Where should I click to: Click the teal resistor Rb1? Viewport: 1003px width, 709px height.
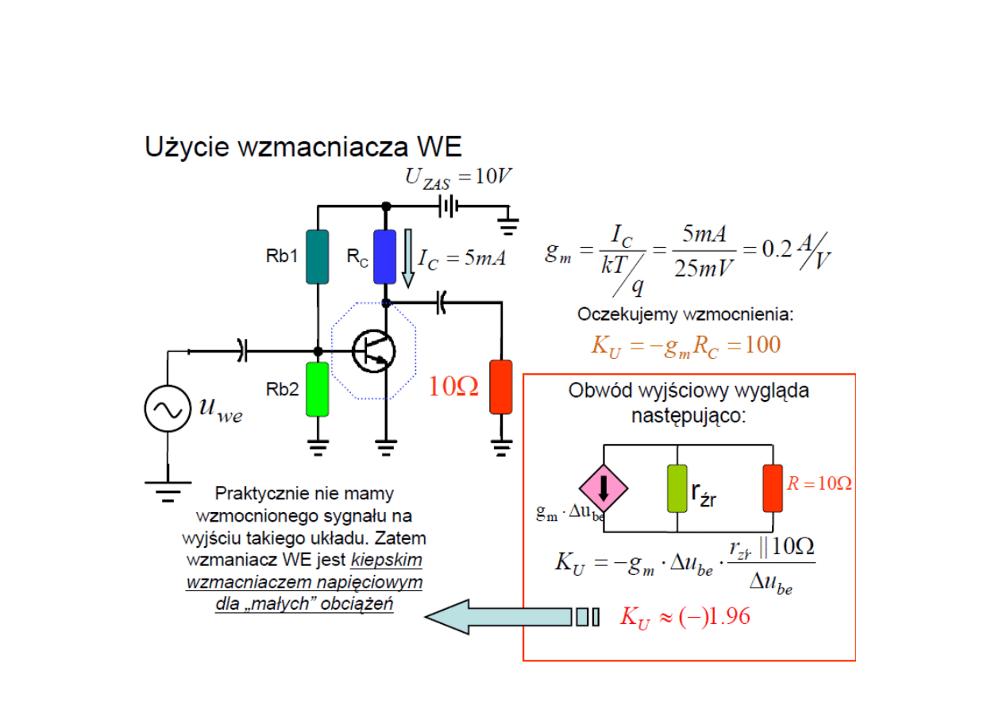pos(317,256)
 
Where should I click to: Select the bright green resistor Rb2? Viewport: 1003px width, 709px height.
pos(317,388)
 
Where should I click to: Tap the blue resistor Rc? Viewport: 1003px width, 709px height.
pos(385,256)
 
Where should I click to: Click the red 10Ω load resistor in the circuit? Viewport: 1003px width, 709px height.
pos(500,387)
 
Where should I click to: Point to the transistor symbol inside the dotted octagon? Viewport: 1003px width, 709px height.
pos(372,350)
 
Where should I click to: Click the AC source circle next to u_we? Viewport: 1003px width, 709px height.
pos(168,409)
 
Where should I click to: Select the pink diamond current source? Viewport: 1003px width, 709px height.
pos(604,487)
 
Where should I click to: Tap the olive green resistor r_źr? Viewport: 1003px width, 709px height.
pos(677,488)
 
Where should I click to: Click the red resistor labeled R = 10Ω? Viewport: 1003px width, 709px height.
pos(772,487)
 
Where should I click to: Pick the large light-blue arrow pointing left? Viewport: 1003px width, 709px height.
pos(500,618)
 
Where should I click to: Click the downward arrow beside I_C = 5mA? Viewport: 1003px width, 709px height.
pos(408,258)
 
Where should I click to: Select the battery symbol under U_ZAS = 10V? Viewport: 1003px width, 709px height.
pos(449,206)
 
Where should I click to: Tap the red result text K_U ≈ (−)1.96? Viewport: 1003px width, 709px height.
pos(684,618)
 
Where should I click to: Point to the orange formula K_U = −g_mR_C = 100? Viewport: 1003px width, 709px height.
pos(685,345)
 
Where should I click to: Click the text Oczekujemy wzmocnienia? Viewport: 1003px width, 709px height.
pos(685,314)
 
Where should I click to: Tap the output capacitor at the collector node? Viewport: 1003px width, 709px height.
pos(442,302)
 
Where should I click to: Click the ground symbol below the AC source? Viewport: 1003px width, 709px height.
pos(168,490)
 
